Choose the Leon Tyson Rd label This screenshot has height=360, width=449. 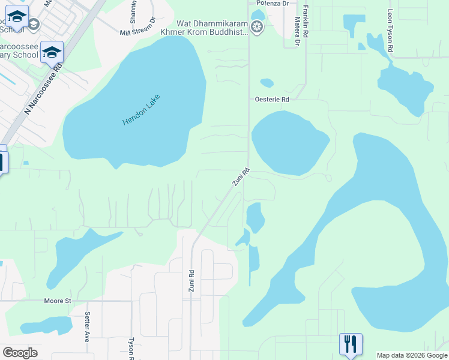390,29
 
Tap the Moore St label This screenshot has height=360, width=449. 58,300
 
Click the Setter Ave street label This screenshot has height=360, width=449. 88,323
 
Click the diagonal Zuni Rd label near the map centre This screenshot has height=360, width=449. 241,176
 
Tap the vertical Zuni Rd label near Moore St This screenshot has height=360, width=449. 191,281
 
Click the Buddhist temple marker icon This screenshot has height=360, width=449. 258,27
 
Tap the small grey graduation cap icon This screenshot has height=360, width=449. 33,24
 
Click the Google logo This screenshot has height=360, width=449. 20,353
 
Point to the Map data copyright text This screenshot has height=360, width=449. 412,355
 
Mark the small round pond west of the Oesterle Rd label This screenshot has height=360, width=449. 267,83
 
